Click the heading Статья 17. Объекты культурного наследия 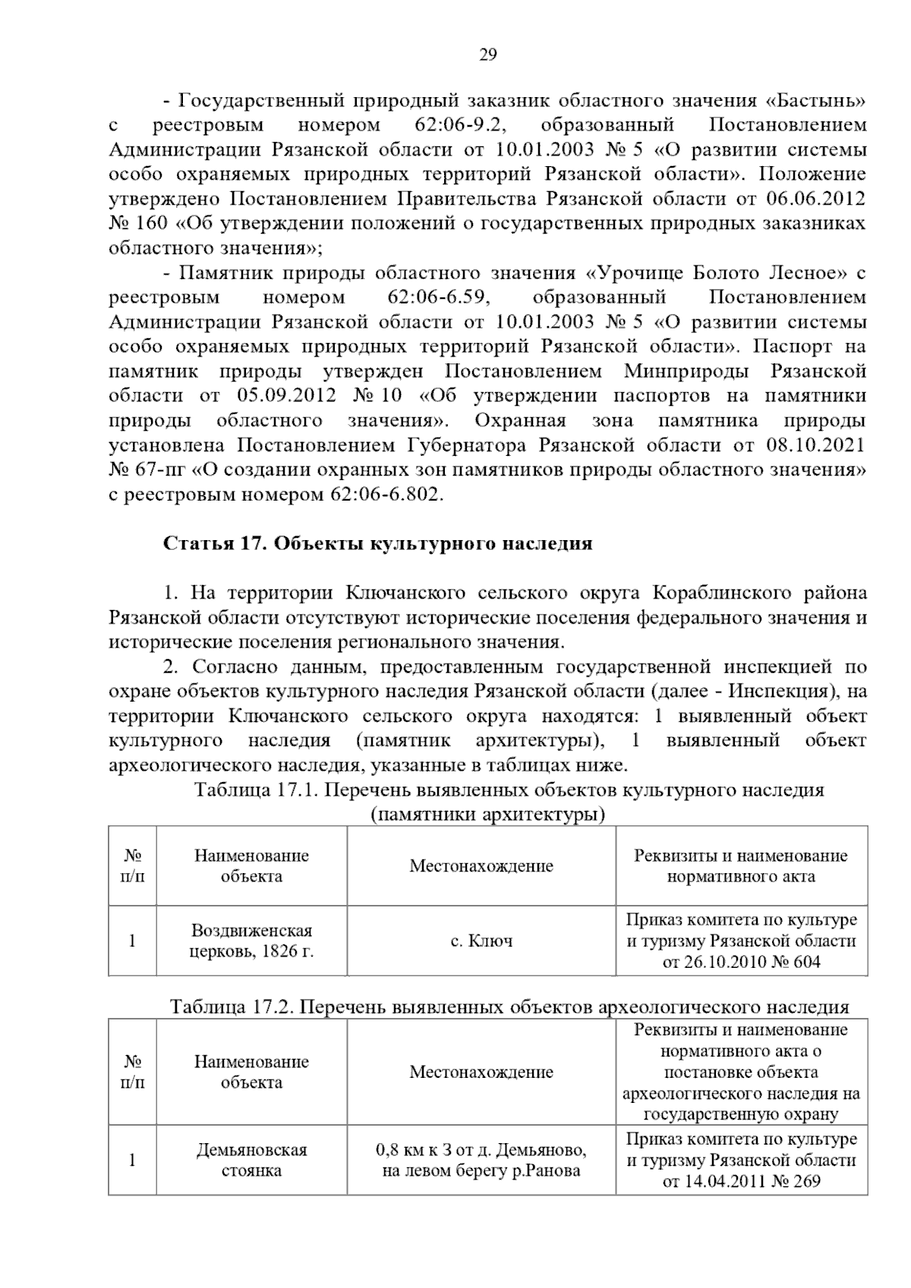point(378,544)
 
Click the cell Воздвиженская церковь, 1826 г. point(251,941)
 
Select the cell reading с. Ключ point(481,941)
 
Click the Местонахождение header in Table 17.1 point(481,865)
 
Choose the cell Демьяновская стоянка point(251,1160)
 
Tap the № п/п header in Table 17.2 point(132,1071)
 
